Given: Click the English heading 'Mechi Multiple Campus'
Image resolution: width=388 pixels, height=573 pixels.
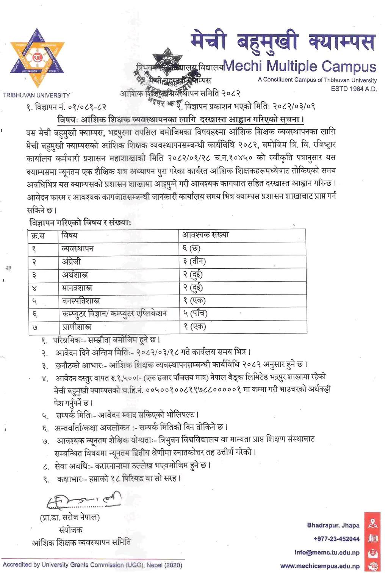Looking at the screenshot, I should [x=300, y=66].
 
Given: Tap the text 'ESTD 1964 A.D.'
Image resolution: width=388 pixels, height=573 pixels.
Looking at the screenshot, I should [x=354, y=89].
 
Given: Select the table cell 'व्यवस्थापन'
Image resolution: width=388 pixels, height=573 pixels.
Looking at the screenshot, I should [x=78, y=249].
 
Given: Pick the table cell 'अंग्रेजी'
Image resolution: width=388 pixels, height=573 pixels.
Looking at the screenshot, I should [x=71, y=261].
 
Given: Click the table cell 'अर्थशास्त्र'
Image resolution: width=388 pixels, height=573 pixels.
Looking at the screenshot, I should [x=75, y=275].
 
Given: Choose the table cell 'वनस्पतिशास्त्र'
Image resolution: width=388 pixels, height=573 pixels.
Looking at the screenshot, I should [x=81, y=301].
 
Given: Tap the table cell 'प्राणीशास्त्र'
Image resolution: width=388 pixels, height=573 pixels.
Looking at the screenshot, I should [x=77, y=327].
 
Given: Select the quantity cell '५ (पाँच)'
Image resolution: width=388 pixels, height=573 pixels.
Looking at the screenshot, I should [x=195, y=314].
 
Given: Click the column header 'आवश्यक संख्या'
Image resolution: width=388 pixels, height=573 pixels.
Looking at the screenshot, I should [x=206, y=235].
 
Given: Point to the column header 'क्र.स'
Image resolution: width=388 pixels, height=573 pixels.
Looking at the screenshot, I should [x=38, y=236].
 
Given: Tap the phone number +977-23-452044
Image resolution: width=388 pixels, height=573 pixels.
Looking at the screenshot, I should [x=336, y=539].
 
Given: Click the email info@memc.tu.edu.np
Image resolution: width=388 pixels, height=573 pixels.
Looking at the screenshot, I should [x=327, y=552].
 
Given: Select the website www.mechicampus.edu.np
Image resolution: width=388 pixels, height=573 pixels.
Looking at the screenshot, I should [x=320, y=566].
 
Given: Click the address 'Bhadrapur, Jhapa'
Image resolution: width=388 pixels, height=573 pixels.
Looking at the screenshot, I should [x=333, y=525].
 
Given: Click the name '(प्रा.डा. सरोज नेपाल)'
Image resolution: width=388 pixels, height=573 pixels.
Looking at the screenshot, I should [x=70, y=517].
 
